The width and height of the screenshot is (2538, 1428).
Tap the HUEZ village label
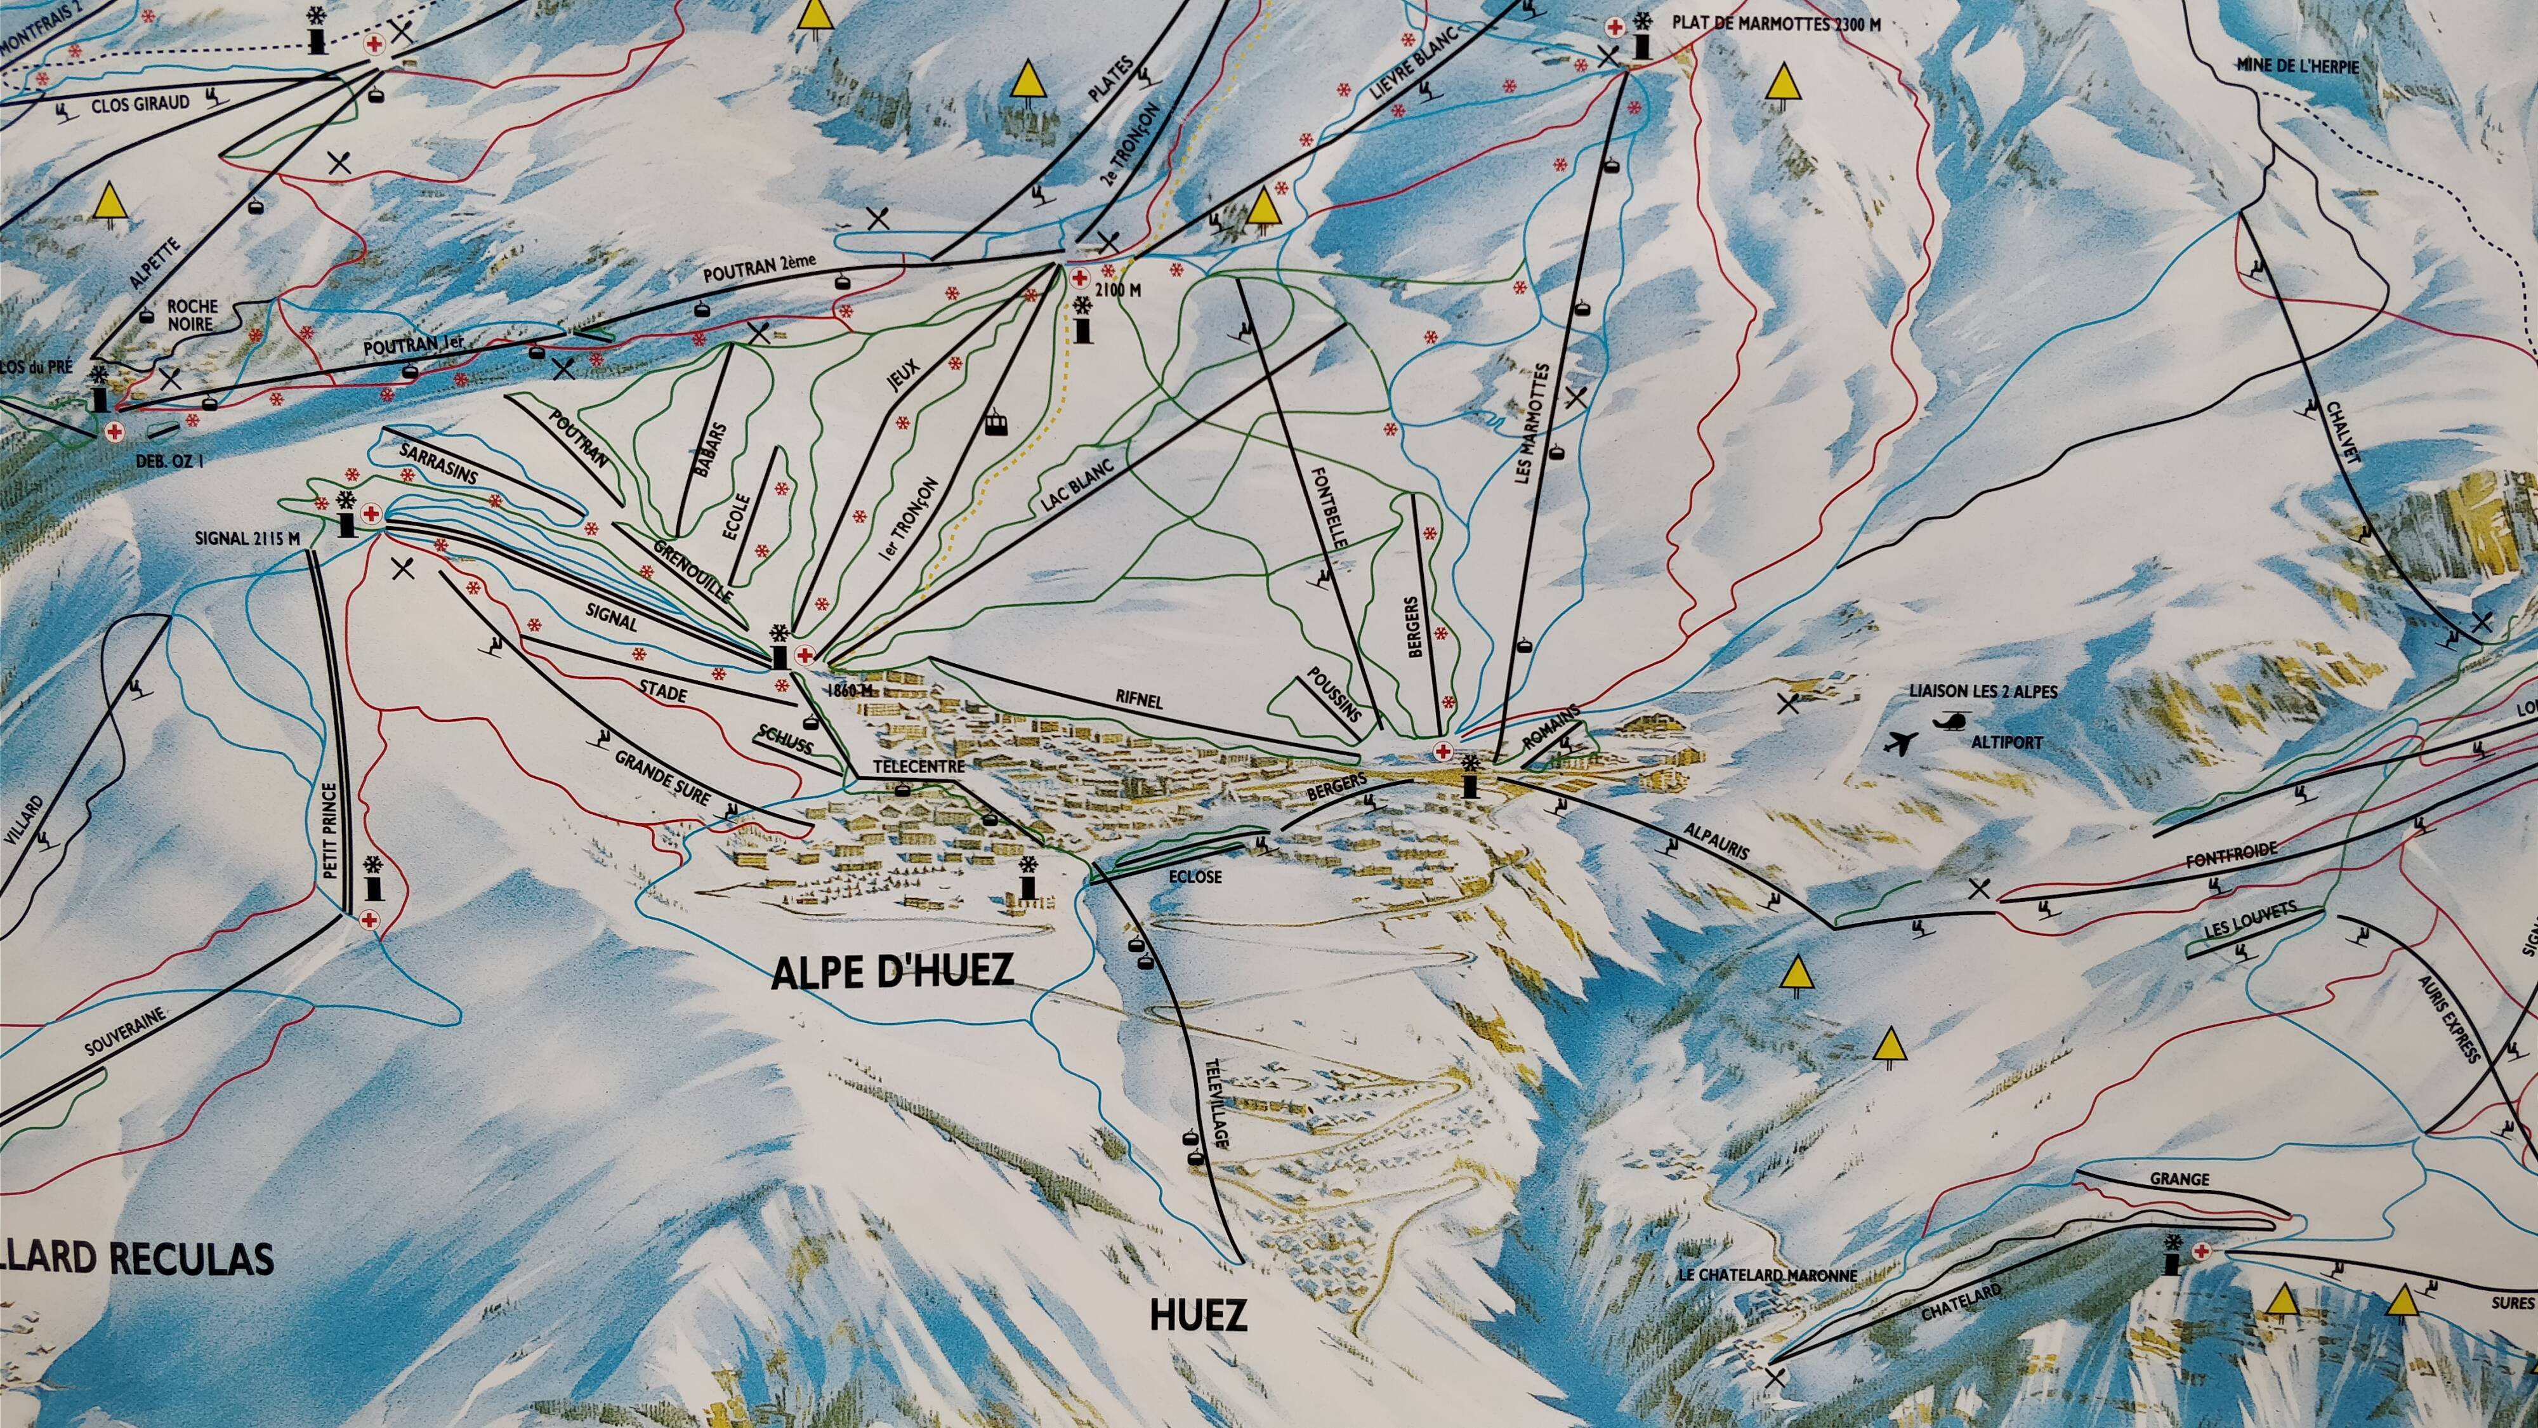[1198, 1316]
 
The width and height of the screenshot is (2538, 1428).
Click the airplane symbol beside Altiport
[1900, 743]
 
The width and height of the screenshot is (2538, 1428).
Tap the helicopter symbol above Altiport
[1949, 722]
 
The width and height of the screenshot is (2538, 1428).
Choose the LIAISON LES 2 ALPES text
[1983, 692]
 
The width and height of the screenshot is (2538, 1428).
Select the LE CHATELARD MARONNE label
[1766, 1275]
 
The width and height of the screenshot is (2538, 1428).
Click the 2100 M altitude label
[1121, 291]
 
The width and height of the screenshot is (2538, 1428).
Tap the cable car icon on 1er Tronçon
[997, 424]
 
